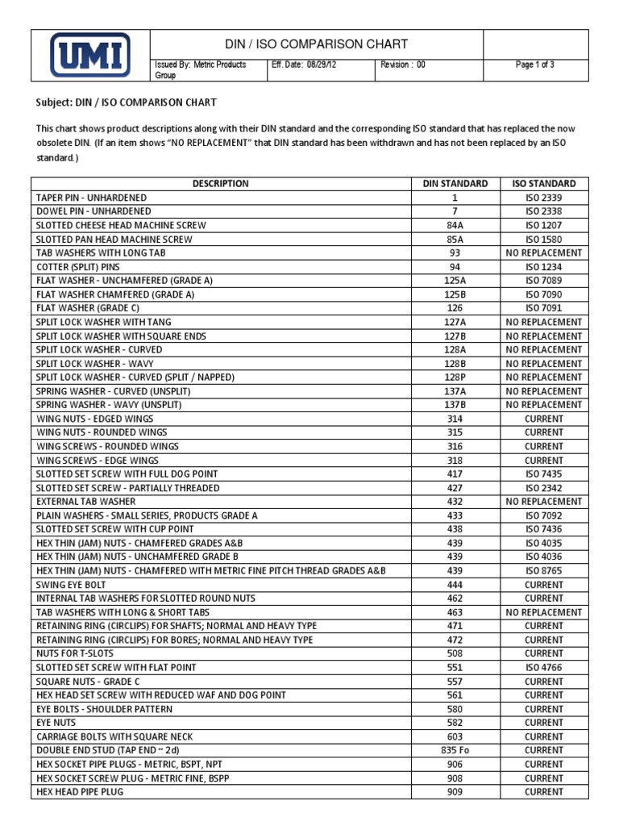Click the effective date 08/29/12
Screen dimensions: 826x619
(x=304, y=65)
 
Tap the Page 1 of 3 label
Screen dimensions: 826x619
(x=535, y=65)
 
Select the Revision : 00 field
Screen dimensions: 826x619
(x=403, y=65)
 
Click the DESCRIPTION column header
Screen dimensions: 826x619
(x=220, y=184)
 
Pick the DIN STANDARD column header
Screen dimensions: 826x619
(x=455, y=184)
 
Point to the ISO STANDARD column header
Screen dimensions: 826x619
(x=544, y=184)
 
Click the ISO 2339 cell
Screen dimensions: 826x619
(x=544, y=198)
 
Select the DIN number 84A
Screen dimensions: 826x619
(x=455, y=225)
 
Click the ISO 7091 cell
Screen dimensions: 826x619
(x=544, y=308)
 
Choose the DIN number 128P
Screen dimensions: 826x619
(x=455, y=378)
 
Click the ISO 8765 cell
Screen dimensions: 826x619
(x=544, y=571)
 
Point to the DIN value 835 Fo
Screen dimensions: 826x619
(x=455, y=750)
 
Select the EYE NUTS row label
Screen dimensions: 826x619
(x=56, y=723)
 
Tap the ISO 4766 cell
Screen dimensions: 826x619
(x=544, y=668)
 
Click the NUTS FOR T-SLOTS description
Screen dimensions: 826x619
(x=75, y=653)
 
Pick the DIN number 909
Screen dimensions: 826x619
(x=455, y=792)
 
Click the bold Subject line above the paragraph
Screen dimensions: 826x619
(x=127, y=103)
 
